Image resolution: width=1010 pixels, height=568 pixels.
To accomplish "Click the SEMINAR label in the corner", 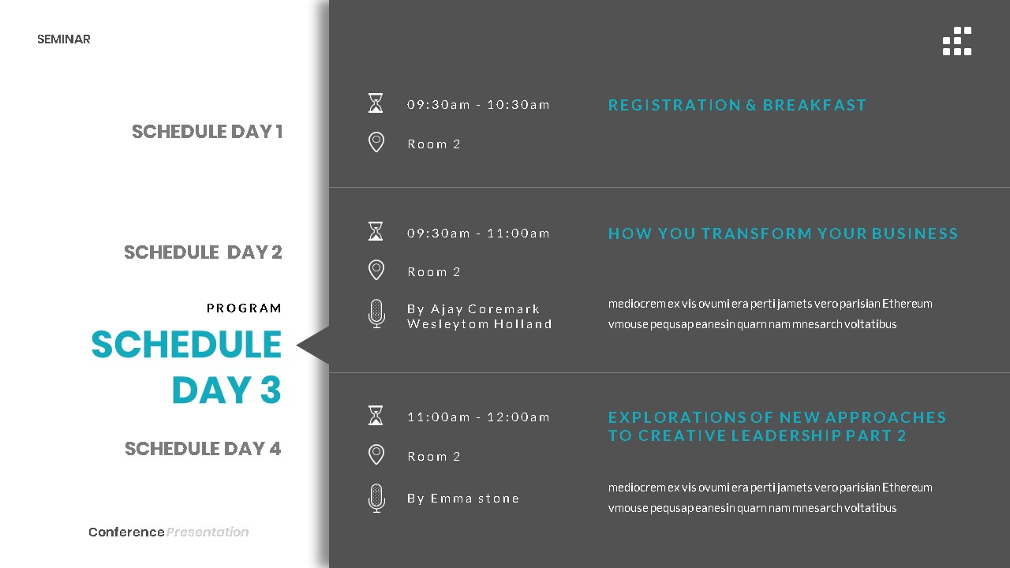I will coord(64,39).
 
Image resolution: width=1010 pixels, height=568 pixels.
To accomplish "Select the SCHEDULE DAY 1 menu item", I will coord(207,132).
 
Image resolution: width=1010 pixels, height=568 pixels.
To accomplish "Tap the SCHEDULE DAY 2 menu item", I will coord(203,252).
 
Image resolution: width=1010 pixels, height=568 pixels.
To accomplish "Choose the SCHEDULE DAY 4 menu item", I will coord(203,449).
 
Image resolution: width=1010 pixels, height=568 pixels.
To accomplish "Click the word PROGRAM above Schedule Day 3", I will coord(244,308).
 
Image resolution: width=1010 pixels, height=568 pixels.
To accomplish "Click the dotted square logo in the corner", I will coord(957,41).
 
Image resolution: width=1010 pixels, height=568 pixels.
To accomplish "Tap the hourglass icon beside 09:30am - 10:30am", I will coord(376,103).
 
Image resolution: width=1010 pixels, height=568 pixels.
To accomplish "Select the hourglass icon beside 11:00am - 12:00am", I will coord(376,416).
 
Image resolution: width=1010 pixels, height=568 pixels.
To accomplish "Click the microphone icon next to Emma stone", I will coord(376,499).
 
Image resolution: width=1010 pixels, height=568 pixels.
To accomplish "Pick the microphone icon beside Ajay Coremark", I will coord(376,314).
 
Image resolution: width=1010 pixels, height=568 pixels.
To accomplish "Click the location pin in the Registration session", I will coord(376,143).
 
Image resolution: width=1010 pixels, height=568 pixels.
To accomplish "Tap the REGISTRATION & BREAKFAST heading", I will coord(737,105).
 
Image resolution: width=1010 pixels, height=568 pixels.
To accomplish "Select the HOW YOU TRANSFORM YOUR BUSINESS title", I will coord(783,234).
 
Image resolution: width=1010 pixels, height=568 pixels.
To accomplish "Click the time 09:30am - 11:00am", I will coord(478,234).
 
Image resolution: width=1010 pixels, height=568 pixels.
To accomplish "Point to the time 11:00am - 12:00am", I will coord(478,417).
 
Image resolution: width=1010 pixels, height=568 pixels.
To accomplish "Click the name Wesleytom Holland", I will coord(479,324).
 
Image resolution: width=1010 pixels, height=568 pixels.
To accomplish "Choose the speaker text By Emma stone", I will coord(463,499).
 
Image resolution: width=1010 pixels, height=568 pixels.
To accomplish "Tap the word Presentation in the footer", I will coord(208,532).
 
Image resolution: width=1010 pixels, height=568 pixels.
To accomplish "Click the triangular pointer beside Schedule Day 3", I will coord(315,346).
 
